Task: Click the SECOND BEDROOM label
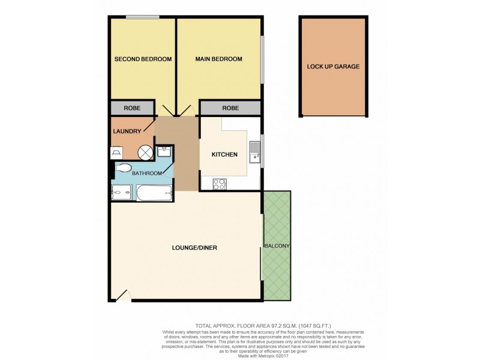[143, 59]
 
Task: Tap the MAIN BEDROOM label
[218, 59]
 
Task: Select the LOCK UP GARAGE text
[333, 67]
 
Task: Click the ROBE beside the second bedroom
[131, 109]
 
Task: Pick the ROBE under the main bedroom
[230, 109]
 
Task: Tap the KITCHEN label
[224, 155]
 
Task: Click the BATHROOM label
[147, 173]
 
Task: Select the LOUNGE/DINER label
[185, 248]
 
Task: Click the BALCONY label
[276, 247]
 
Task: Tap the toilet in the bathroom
[123, 168]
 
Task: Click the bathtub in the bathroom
[155, 193]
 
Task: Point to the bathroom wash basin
[164, 153]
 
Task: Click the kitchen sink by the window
[254, 153]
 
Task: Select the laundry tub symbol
[116, 154]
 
